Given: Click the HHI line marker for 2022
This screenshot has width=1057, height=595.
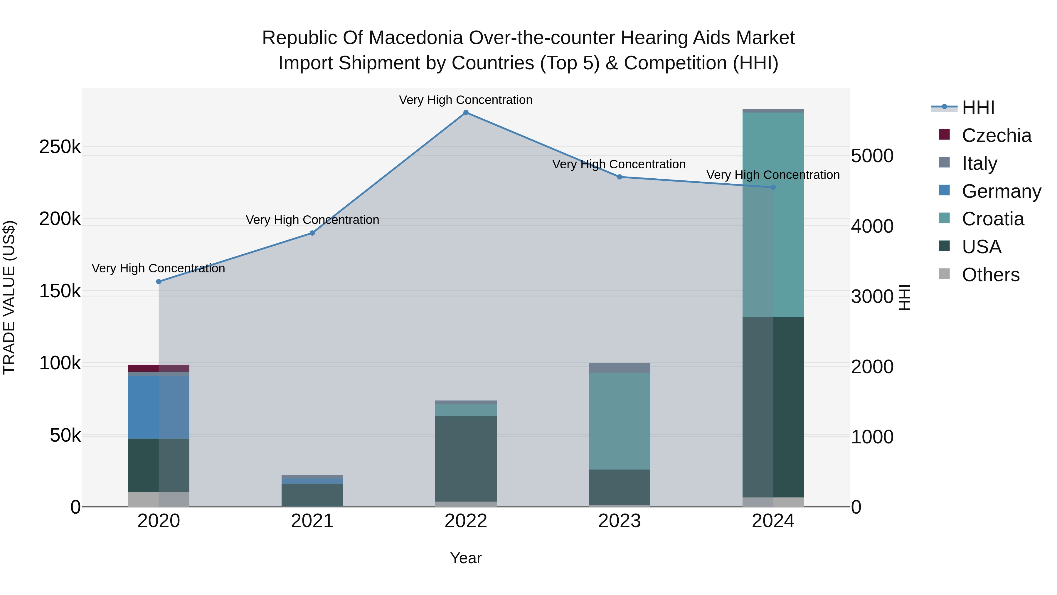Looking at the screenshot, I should point(466,113).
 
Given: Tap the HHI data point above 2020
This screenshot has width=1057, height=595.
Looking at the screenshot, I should point(159,282).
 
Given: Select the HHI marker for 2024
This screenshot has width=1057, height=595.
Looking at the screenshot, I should point(773,187).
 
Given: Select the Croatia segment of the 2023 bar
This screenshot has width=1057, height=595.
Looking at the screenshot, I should point(619,421).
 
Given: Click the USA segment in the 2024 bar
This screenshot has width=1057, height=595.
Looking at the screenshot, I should point(773,407).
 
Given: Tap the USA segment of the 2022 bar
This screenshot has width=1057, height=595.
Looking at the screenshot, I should point(466,459).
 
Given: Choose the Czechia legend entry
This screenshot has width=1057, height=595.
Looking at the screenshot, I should point(996,135).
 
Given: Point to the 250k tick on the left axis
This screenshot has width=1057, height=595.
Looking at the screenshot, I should point(60,147).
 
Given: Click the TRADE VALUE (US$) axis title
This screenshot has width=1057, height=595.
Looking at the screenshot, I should point(9,297).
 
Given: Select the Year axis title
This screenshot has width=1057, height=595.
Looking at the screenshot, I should point(466,558).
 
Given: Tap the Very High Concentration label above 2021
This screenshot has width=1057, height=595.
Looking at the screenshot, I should point(312,220).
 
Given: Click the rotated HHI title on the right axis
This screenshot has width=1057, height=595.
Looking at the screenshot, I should point(904,297).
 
